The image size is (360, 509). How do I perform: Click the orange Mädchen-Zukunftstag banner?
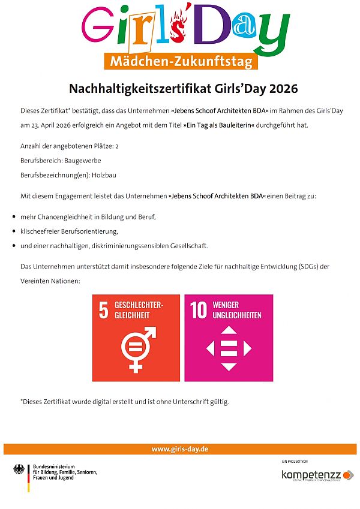(x=180, y=61)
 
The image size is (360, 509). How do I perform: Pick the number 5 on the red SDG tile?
(x=104, y=310)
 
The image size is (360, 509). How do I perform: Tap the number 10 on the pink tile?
(x=198, y=310)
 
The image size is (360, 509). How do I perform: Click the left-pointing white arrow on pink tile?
(x=211, y=348)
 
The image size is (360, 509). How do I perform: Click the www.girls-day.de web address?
(x=180, y=449)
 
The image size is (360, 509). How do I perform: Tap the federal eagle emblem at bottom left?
(x=19, y=469)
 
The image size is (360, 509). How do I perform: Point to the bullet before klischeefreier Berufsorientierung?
(x=13, y=231)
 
